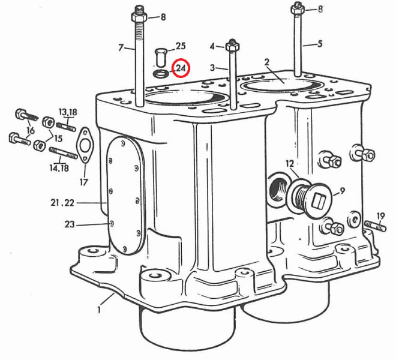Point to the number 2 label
click(x=266, y=62)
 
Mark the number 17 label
click(x=83, y=181)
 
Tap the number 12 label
click(x=289, y=163)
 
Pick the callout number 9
click(x=343, y=191)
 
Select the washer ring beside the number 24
click(x=160, y=74)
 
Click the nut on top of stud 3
click(x=233, y=46)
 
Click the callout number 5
click(x=320, y=43)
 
